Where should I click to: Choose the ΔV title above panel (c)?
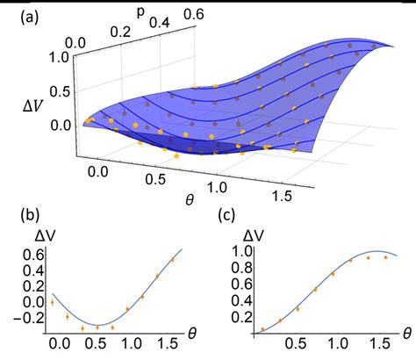point(255,235)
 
